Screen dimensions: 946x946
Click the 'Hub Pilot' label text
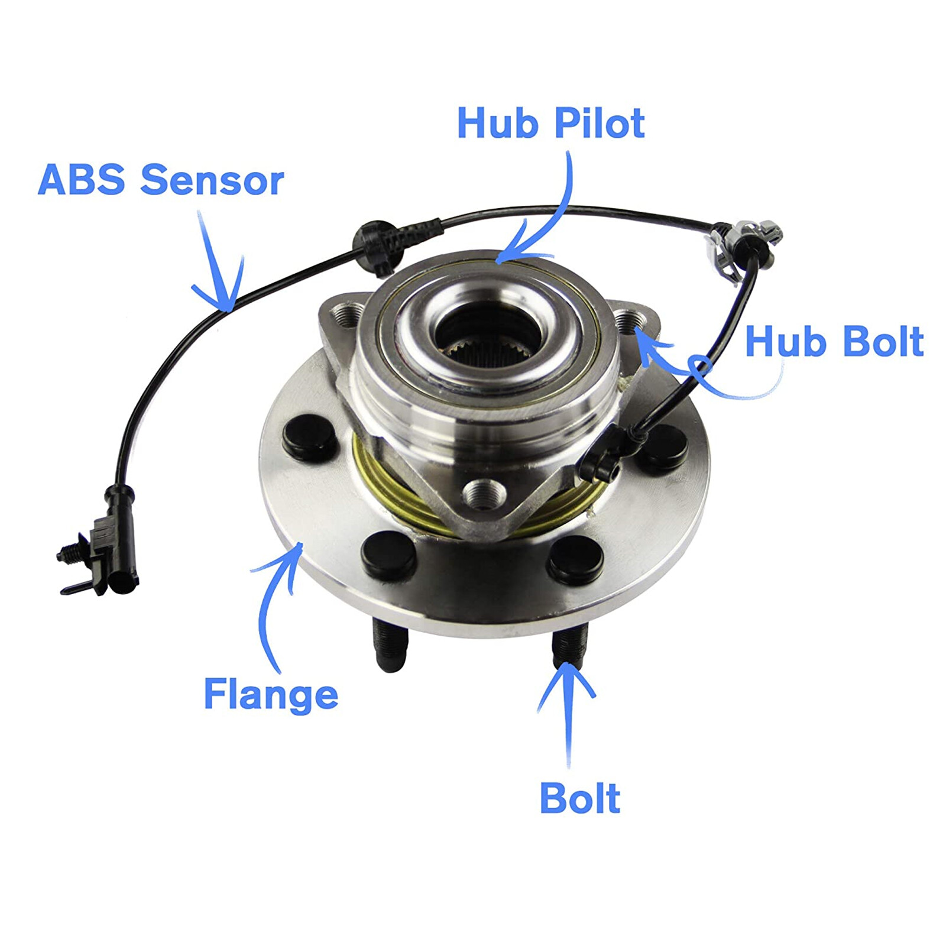click(550, 124)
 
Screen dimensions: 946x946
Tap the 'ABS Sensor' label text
click(161, 180)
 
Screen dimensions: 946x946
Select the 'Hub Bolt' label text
click(834, 342)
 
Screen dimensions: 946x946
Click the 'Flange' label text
click(271, 694)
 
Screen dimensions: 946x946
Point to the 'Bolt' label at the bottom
click(580, 799)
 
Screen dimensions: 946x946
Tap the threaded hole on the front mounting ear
click(484, 494)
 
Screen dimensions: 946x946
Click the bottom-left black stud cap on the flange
click(388, 555)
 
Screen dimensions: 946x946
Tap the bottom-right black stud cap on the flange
click(575, 558)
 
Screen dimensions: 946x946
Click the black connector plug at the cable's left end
click(112, 541)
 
